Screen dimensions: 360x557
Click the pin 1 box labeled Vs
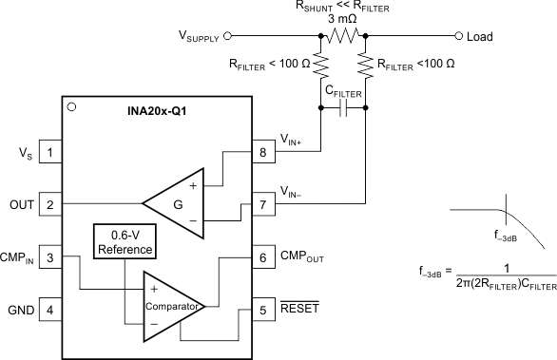(x=50, y=152)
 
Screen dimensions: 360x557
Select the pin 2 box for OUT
(x=50, y=203)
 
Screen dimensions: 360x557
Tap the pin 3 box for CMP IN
(x=50, y=256)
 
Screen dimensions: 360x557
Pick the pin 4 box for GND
(x=50, y=309)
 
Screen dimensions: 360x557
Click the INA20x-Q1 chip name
(x=157, y=111)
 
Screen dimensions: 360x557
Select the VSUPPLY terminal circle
(x=232, y=36)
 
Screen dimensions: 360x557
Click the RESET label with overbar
(x=299, y=309)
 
